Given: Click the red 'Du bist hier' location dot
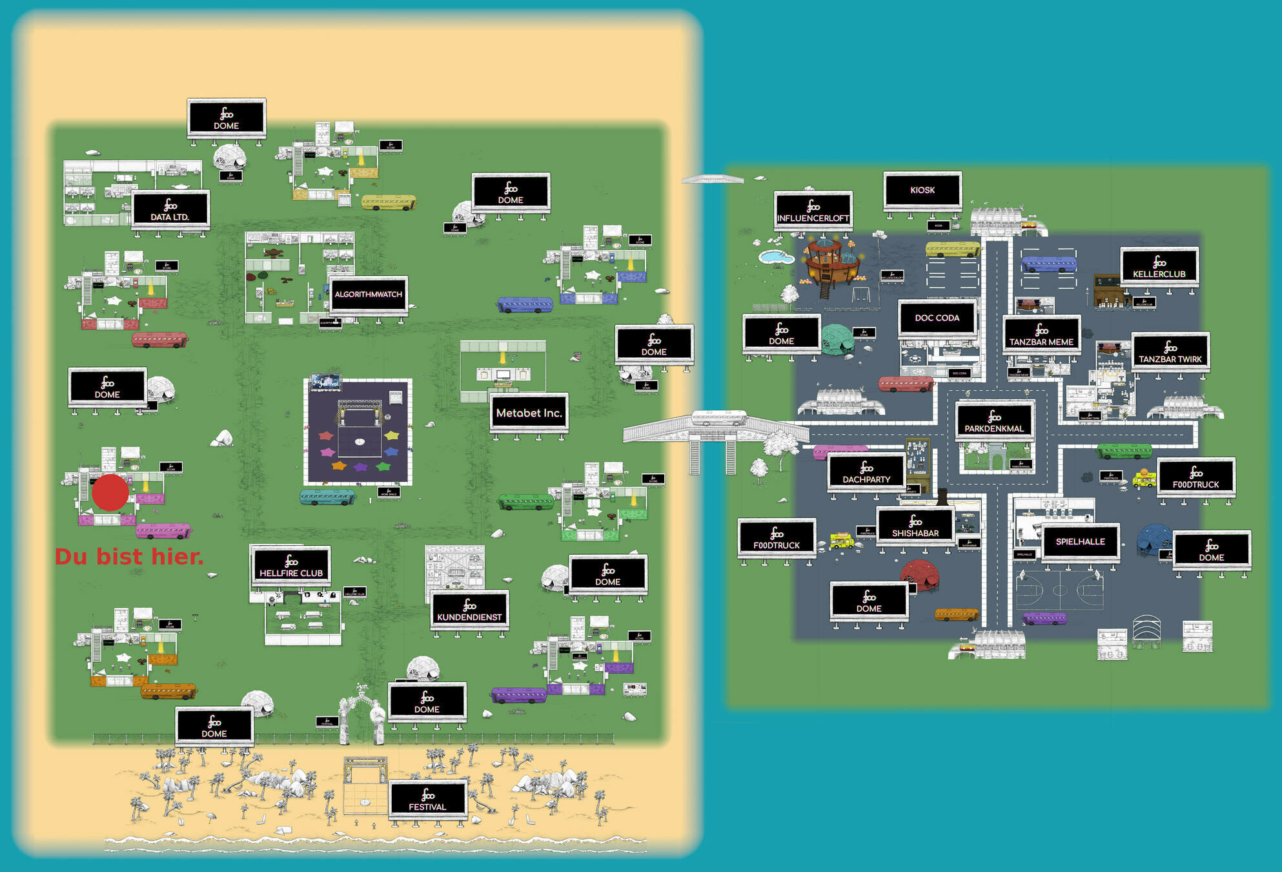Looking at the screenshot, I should (x=110, y=493).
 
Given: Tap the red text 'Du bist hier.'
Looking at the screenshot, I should (x=129, y=557).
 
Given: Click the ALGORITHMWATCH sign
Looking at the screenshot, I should (x=368, y=295).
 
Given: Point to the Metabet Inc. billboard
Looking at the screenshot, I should (x=529, y=413).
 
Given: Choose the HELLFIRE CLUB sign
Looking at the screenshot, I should (x=291, y=566).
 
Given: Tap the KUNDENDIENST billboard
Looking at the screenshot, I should (x=469, y=610).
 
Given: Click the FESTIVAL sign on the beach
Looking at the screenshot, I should (x=427, y=800).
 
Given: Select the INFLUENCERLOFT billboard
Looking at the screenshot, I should (x=813, y=211).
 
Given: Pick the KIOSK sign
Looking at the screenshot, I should (x=922, y=190).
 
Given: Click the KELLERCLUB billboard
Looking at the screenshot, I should (x=1159, y=267).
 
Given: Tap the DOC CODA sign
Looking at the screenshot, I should (x=937, y=318).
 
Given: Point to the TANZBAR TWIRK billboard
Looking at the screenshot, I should (x=1170, y=352).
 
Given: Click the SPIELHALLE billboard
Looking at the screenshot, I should (x=1080, y=542).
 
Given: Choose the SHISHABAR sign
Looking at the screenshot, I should (x=915, y=526).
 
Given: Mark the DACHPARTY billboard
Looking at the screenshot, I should (x=866, y=472).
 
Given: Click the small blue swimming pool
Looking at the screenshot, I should (x=776, y=257).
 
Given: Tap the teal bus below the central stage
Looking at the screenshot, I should (x=327, y=497).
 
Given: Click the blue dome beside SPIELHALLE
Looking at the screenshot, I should (x=1154, y=539).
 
